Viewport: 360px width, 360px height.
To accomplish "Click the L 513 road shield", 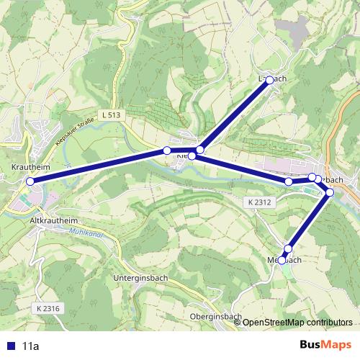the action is pos(111,114).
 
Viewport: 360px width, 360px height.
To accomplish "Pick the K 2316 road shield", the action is pos(47,308).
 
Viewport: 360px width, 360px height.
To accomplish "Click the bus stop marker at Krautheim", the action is pos(30,181).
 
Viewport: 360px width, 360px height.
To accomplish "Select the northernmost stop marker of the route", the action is pos(271,81).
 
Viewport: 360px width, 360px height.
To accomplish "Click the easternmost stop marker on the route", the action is pos(330,192).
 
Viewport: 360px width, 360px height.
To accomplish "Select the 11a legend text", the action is pos(30,346).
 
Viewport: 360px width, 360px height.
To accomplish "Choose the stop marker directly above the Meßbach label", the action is pos(288,249).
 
